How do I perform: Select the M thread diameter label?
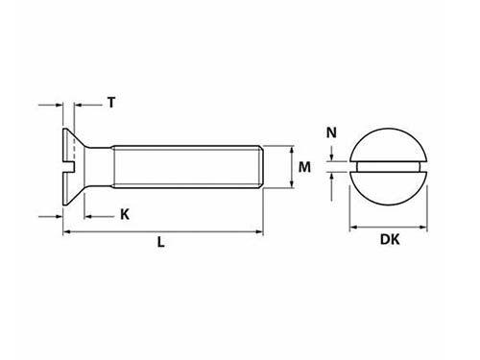tap(305, 168)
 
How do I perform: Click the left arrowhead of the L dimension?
tap(67, 231)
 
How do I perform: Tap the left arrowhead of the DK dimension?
tap(350, 228)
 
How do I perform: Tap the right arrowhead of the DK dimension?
tap(427, 228)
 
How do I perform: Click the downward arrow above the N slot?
tap(332, 159)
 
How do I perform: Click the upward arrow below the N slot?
tap(332, 178)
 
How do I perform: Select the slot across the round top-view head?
tap(389, 169)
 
